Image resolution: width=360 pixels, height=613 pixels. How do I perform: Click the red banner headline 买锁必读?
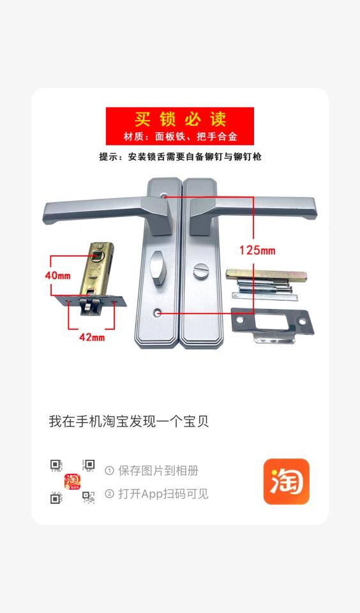click(x=179, y=119)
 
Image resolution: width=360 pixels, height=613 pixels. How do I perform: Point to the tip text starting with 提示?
click(x=180, y=156)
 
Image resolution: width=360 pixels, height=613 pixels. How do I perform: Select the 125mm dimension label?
click(x=257, y=250)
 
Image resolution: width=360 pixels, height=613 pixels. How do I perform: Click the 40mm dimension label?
click(x=57, y=275)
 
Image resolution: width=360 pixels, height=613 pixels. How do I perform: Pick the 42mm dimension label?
click(x=91, y=337)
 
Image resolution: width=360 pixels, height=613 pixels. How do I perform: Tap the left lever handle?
click(x=96, y=211)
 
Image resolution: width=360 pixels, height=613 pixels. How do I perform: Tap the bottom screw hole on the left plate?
click(x=158, y=312)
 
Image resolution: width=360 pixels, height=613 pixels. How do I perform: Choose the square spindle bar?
click(x=267, y=275)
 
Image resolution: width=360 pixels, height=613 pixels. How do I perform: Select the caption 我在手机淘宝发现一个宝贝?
click(x=129, y=421)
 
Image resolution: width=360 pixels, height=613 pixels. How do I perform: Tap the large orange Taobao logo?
click(x=286, y=481)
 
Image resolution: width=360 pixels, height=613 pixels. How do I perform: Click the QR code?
click(x=72, y=481)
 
